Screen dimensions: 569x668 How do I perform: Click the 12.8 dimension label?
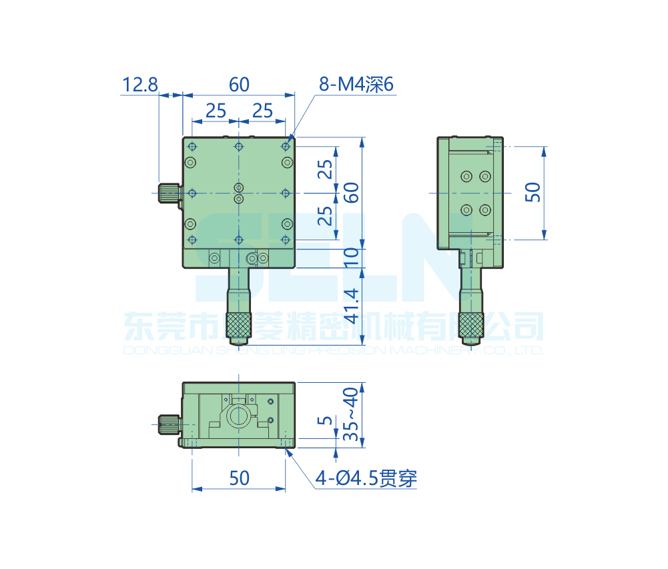click(x=140, y=85)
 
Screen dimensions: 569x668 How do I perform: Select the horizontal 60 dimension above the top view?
click(x=239, y=85)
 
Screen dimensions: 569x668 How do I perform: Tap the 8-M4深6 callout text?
click(x=357, y=85)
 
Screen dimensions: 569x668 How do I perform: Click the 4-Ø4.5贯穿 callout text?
click(x=366, y=478)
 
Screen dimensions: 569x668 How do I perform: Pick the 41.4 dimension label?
click(x=352, y=306)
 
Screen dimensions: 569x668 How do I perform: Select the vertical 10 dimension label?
click(x=352, y=257)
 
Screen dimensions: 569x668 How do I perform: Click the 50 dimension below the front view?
click(x=239, y=478)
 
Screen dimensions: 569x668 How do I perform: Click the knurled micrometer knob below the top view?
click(x=239, y=326)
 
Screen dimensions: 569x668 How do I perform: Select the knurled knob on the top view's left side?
click(x=169, y=193)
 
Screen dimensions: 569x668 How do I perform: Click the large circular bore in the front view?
click(x=239, y=417)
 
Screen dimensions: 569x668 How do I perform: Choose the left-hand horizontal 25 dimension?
click(x=216, y=110)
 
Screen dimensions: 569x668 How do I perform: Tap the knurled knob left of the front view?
click(x=169, y=423)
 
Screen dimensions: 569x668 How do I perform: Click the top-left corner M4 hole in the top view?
click(x=192, y=146)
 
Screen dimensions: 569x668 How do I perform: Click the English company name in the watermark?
click(x=334, y=350)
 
